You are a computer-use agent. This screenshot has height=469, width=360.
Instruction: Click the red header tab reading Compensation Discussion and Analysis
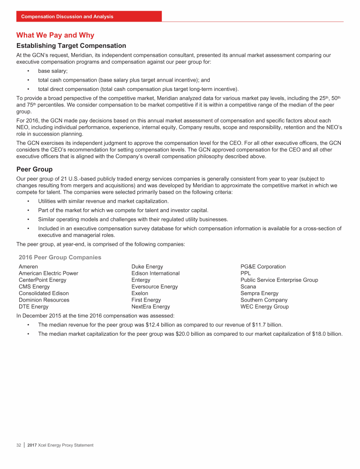67,16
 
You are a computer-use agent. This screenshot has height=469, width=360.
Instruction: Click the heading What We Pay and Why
55,35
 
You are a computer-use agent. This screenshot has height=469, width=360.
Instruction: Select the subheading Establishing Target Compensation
71,46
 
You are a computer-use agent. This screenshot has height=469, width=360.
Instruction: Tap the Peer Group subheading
34,169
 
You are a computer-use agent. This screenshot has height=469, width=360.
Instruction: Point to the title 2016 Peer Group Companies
60,257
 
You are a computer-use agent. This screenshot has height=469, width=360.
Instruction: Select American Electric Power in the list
48,273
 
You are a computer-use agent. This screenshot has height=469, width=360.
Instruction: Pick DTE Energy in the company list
33,307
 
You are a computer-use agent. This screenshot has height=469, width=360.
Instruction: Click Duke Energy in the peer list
147,267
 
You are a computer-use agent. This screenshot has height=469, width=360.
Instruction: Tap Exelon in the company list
140,294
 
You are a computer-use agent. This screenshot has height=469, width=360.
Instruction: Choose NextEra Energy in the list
150,307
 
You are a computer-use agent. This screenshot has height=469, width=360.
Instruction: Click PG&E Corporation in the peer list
263,267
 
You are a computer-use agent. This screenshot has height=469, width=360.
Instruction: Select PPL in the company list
246,273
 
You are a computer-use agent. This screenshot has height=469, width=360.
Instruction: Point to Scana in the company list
248,287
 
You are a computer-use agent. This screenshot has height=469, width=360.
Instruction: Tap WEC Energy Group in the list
264,307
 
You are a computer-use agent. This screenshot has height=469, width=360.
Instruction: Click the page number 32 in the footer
19,445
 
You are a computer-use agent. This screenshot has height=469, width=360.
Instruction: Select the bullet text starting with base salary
52,71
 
